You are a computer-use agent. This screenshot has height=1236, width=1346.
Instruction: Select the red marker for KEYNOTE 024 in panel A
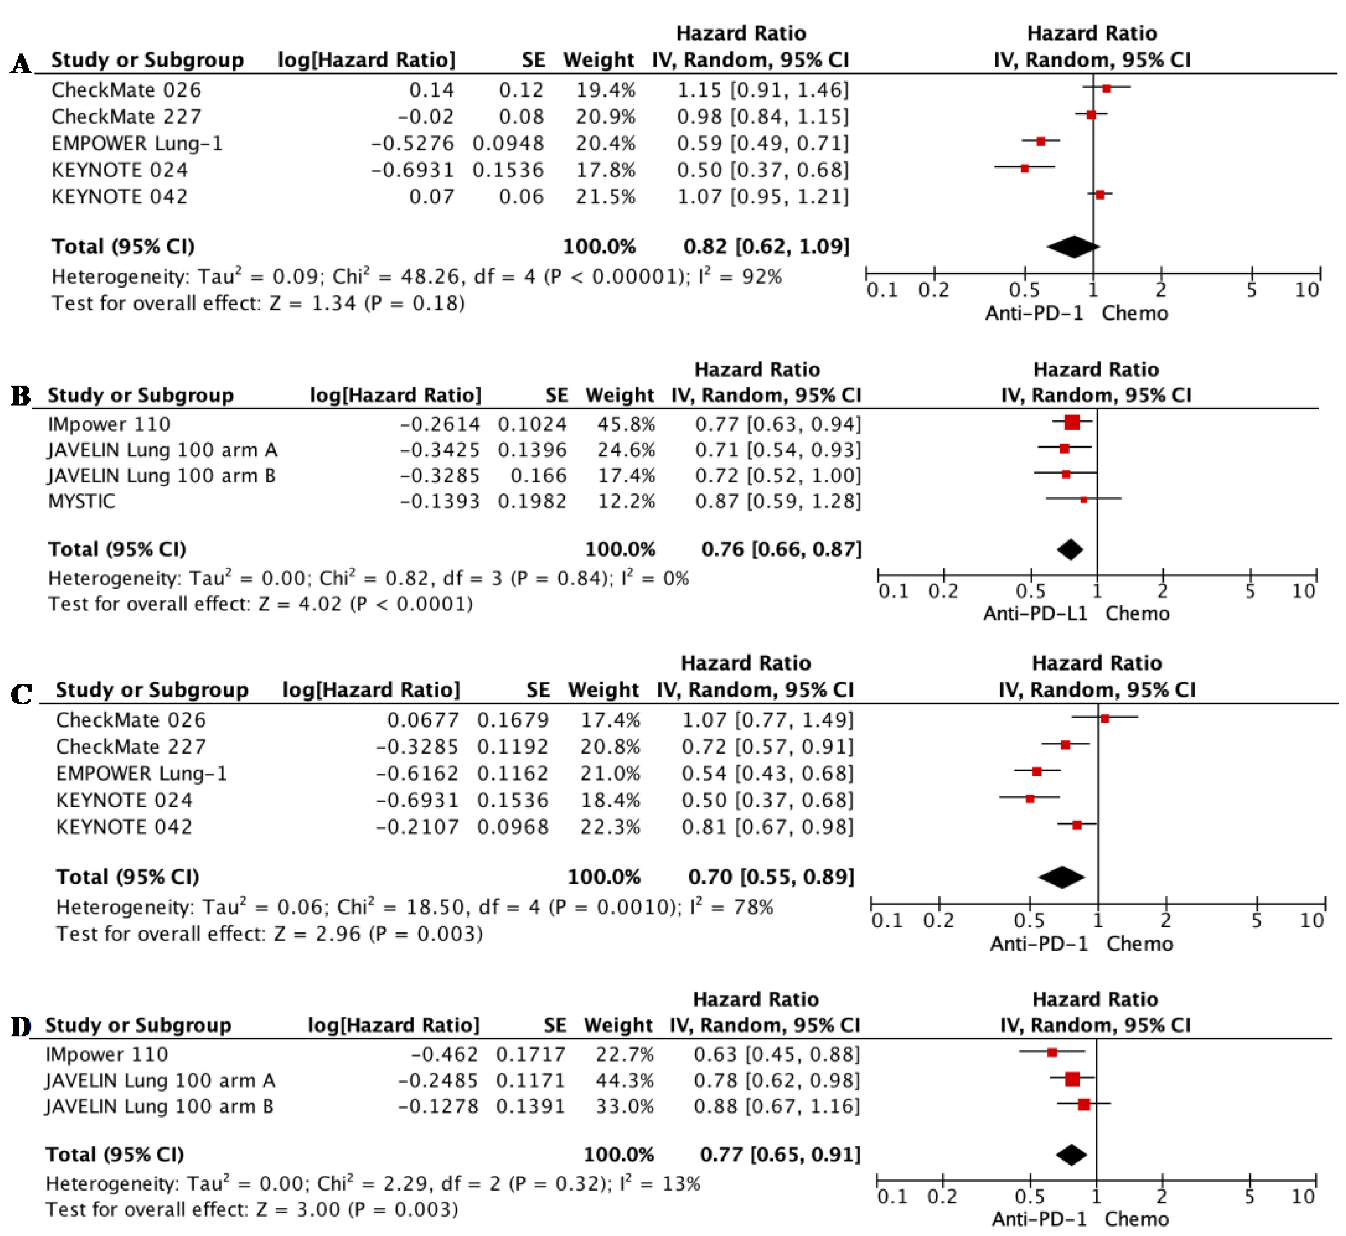(x=1024, y=169)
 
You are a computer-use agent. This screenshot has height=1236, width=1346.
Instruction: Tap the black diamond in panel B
(x=1070, y=550)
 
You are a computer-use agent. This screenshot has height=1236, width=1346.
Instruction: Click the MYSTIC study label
(x=82, y=501)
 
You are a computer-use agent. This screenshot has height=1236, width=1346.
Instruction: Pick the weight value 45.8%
(x=626, y=424)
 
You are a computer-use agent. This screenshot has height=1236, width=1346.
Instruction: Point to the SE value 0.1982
(x=532, y=501)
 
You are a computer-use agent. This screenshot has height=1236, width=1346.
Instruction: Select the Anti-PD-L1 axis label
(x=1035, y=613)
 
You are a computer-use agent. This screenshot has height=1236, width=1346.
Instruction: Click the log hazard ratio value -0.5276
(x=413, y=143)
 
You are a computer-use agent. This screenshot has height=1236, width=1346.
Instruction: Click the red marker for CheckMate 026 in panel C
(x=1105, y=718)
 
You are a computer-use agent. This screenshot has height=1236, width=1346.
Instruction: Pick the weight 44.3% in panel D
(x=625, y=1080)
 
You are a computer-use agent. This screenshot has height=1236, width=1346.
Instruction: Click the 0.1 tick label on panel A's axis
(x=883, y=290)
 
